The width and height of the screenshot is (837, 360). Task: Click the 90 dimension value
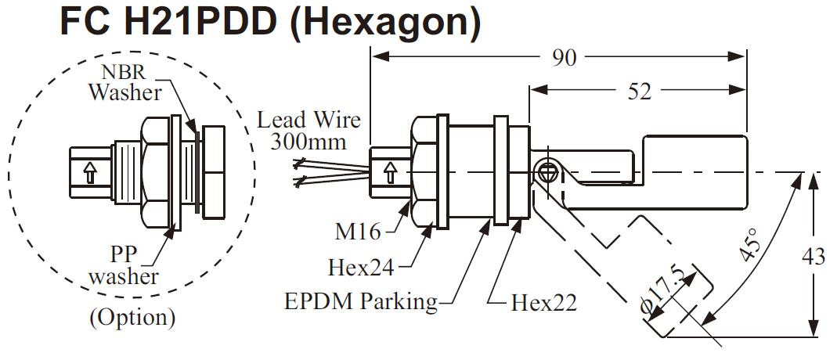coord(565,58)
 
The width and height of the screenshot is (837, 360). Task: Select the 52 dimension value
coord(640,92)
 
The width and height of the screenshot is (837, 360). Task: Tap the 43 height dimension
coord(814,257)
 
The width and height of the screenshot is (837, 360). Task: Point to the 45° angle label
coord(749,244)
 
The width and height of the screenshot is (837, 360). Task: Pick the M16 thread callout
coord(358,231)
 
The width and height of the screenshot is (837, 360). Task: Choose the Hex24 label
coord(361,267)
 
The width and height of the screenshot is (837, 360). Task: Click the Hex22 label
coord(543,303)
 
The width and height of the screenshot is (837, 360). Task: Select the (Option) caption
coord(132,318)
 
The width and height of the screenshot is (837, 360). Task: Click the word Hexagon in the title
coord(385,23)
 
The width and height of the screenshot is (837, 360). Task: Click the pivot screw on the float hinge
coord(546,171)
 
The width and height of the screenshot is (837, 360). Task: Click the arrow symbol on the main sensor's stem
coord(390,173)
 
